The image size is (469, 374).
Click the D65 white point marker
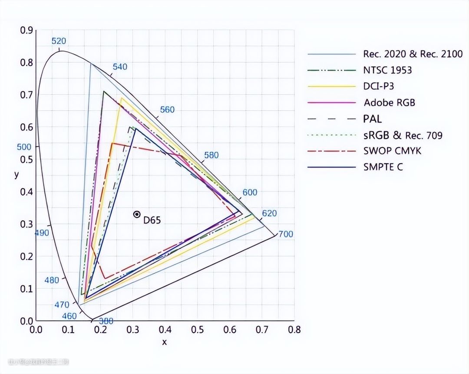tap(137, 214)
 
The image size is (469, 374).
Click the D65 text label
tap(152, 220)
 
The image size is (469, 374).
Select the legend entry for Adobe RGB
tap(389, 103)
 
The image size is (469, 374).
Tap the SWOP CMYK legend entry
tap(392, 151)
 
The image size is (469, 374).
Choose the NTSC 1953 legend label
tap(387, 70)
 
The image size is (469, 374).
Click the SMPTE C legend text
tap(383, 167)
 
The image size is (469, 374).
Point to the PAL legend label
tap(373, 119)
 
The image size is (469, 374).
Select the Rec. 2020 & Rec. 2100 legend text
tap(413, 54)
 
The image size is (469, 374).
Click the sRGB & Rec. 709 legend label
tap(403, 135)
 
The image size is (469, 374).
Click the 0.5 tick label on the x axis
tap(197, 330)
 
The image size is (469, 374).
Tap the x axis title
tap(165, 342)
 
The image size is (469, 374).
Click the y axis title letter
tap(17, 174)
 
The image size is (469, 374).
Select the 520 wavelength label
tap(59, 41)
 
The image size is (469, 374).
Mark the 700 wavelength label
tap(286, 234)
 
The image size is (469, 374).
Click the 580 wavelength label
tap(211, 155)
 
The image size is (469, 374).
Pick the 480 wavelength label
tap(52, 280)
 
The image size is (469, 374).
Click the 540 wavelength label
tap(120, 67)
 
